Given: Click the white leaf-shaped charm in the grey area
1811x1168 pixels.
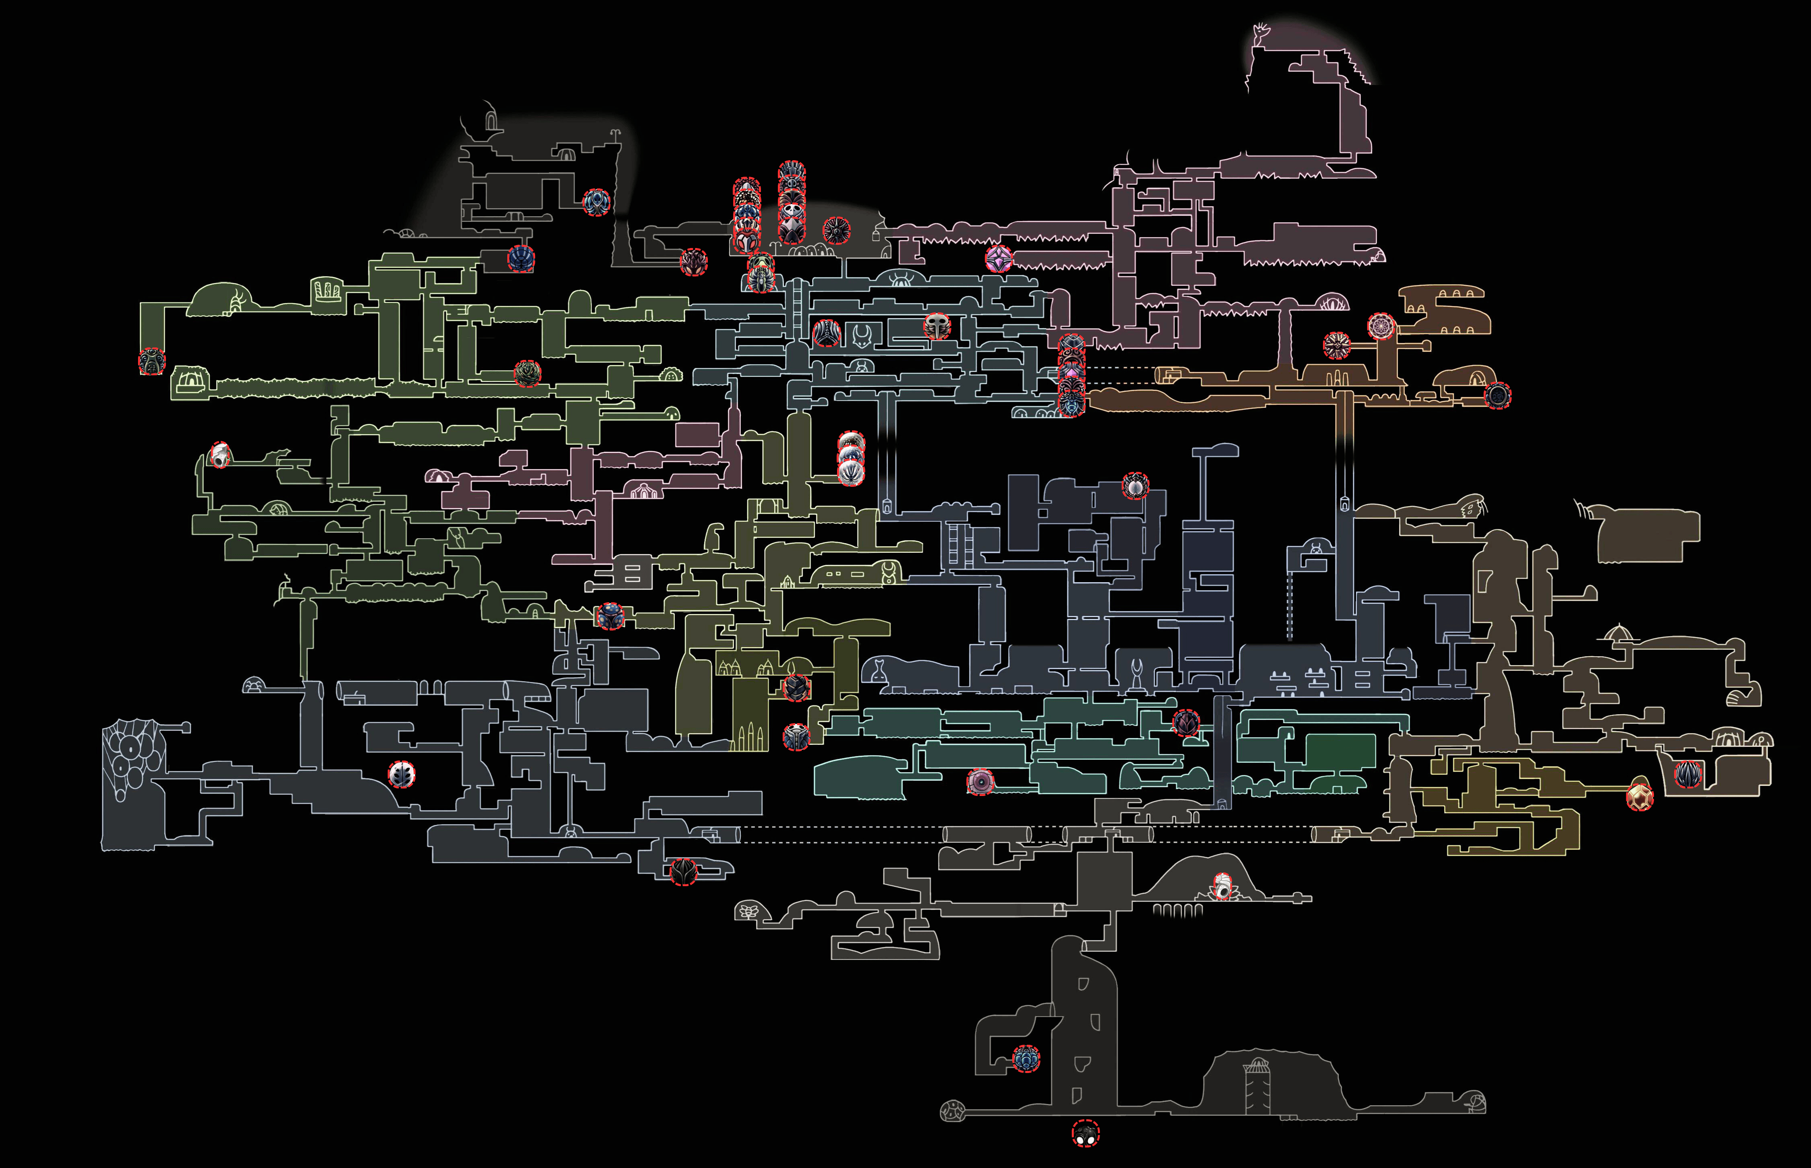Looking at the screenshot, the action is (x=402, y=774).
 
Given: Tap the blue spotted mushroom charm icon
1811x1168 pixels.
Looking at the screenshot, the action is (x=610, y=617).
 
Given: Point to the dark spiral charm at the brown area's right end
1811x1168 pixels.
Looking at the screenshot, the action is (x=1497, y=395).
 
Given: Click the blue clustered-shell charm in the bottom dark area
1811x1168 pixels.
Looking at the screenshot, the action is (x=1026, y=1059).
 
